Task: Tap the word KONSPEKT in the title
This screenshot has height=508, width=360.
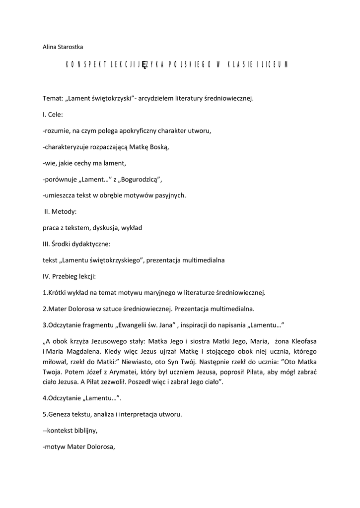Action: (x=83, y=65)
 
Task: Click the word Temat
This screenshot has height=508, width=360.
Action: (x=52, y=98)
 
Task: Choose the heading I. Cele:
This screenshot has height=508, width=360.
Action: (x=53, y=115)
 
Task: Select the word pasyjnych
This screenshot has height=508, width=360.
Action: (x=169, y=195)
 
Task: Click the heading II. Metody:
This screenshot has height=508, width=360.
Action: (x=60, y=211)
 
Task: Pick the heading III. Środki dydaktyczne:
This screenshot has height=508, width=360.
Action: (x=76, y=244)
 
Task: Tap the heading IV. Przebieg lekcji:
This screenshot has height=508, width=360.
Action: (x=70, y=276)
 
